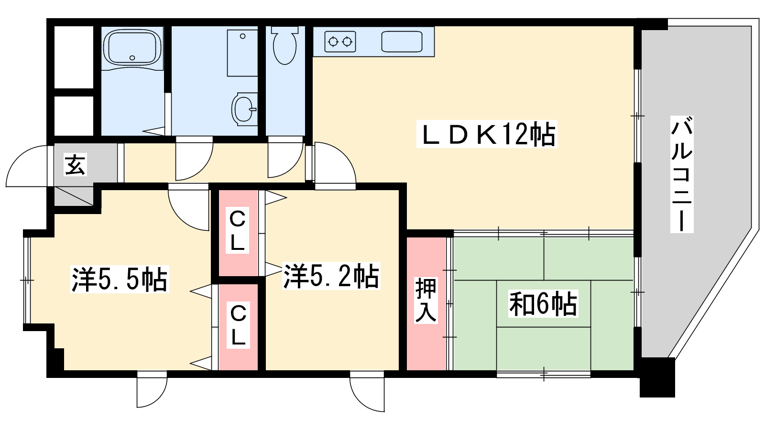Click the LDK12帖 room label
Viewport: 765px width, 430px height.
(x=487, y=134)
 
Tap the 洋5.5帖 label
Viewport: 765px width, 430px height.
(x=119, y=279)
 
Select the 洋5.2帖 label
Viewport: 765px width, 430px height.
(x=331, y=276)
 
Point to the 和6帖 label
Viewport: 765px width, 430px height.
(x=543, y=303)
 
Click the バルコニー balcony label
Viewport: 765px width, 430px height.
(x=681, y=174)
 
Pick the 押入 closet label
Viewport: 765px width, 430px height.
(x=426, y=300)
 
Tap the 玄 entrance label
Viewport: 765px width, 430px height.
(x=75, y=165)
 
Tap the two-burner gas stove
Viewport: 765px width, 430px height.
(x=340, y=42)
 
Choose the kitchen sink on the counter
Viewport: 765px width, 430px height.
(x=402, y=42)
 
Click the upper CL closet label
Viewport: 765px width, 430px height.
(x=237, y=231)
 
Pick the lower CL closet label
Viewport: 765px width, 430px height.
(x=238, y=325)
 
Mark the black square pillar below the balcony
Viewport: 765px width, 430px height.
(x=657, y=377)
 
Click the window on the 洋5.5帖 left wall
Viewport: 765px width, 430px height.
(x=27, y=280)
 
